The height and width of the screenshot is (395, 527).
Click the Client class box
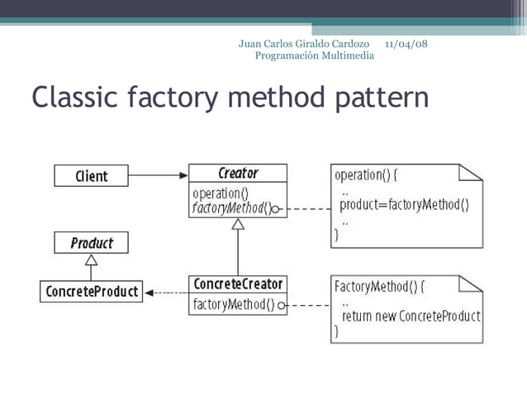[92, 176]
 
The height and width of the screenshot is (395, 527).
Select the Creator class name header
[238, 174]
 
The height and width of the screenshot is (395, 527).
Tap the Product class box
[92, 243]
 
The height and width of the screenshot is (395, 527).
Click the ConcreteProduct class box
[91, 292]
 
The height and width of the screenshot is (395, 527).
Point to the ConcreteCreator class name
[238, 284]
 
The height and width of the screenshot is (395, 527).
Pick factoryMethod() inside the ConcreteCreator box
[234, 305]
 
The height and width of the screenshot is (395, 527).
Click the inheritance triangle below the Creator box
[238, 224]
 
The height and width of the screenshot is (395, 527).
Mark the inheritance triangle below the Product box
[92, 259]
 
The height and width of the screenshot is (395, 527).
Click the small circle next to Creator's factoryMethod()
[276, 210]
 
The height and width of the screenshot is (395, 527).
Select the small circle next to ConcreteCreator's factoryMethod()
[282, 306]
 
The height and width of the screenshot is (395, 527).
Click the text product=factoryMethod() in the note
[405, 206]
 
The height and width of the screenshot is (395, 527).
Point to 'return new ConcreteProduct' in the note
[411, 316]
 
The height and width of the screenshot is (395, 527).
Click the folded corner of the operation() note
[471, 172]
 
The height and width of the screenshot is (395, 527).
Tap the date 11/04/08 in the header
[406, 43]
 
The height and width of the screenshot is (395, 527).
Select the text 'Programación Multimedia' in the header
[314, 55]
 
